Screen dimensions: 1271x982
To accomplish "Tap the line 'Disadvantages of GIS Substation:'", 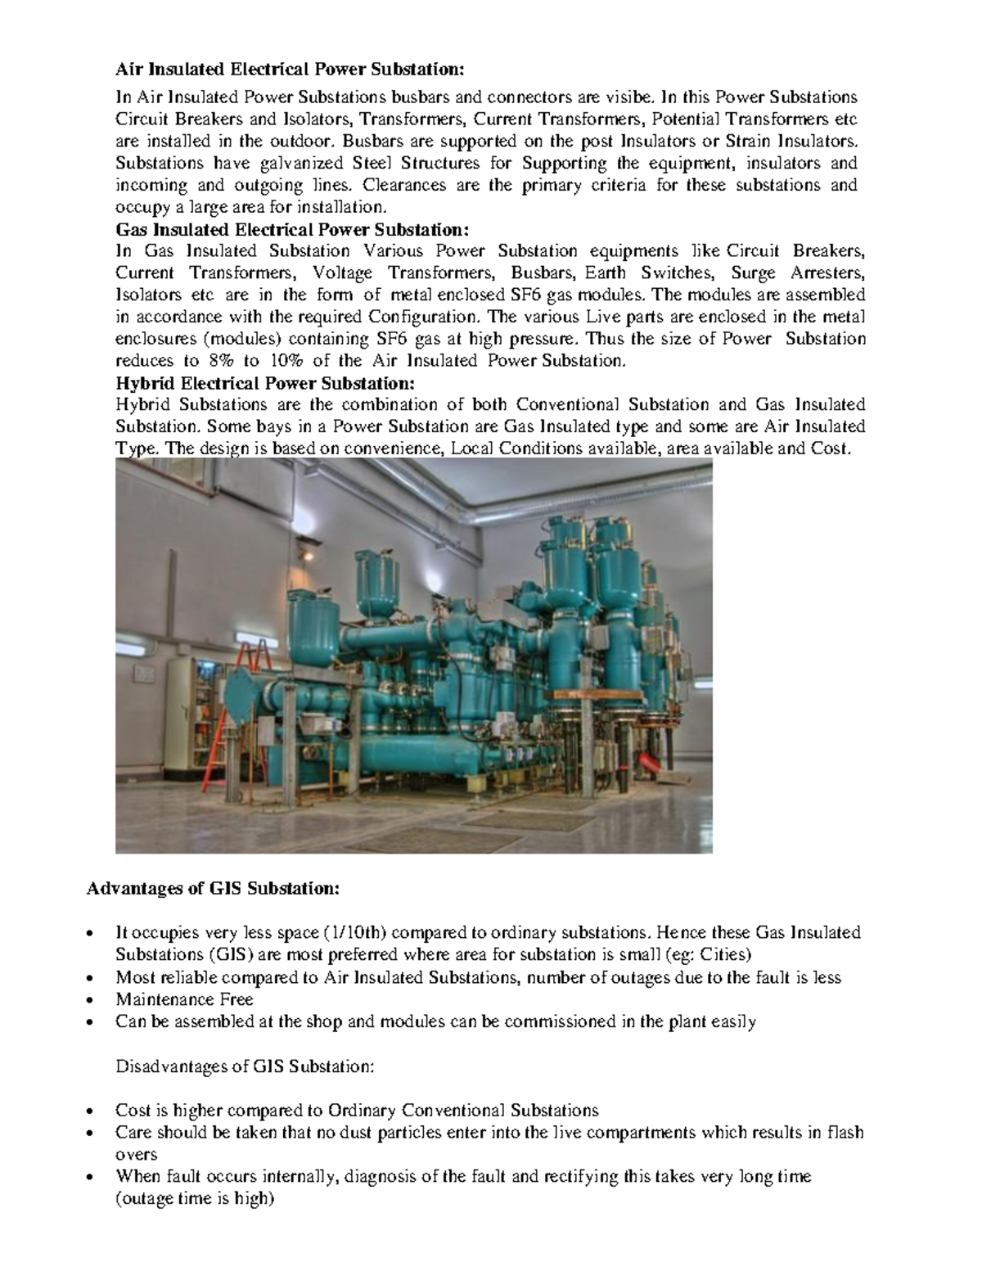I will pos(245,1066).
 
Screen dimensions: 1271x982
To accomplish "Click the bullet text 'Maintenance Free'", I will pos(184,999).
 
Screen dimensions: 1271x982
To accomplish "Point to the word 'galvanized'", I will pos(273,163).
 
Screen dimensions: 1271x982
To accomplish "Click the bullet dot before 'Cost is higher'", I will pos(98,1111).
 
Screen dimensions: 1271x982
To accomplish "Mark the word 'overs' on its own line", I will pos(136,1155).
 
